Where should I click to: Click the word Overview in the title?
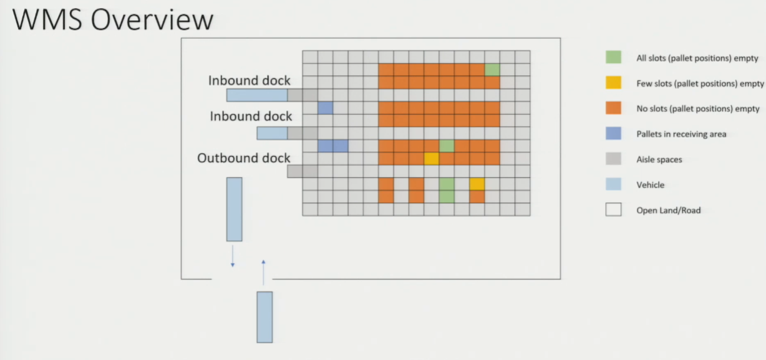152,20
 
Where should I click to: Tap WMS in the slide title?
47,20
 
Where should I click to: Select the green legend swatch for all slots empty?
613,57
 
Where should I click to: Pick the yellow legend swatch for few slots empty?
613,82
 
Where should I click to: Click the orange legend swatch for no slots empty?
613,108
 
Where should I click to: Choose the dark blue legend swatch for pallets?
613,134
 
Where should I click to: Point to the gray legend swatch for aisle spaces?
613,158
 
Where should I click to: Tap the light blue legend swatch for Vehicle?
613,184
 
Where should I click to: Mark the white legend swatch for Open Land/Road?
613,210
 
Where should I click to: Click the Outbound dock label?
243,158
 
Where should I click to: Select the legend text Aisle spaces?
659,160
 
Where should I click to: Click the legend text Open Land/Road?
668,210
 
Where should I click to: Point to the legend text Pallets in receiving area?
681,134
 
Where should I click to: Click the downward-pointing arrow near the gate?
233,256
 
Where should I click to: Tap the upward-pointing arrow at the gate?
263,272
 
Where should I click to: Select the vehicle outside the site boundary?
264,317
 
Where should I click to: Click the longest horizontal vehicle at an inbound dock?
257,95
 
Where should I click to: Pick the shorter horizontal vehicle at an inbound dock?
272,134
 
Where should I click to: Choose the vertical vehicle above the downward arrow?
235,209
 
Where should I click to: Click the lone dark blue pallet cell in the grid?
325,108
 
